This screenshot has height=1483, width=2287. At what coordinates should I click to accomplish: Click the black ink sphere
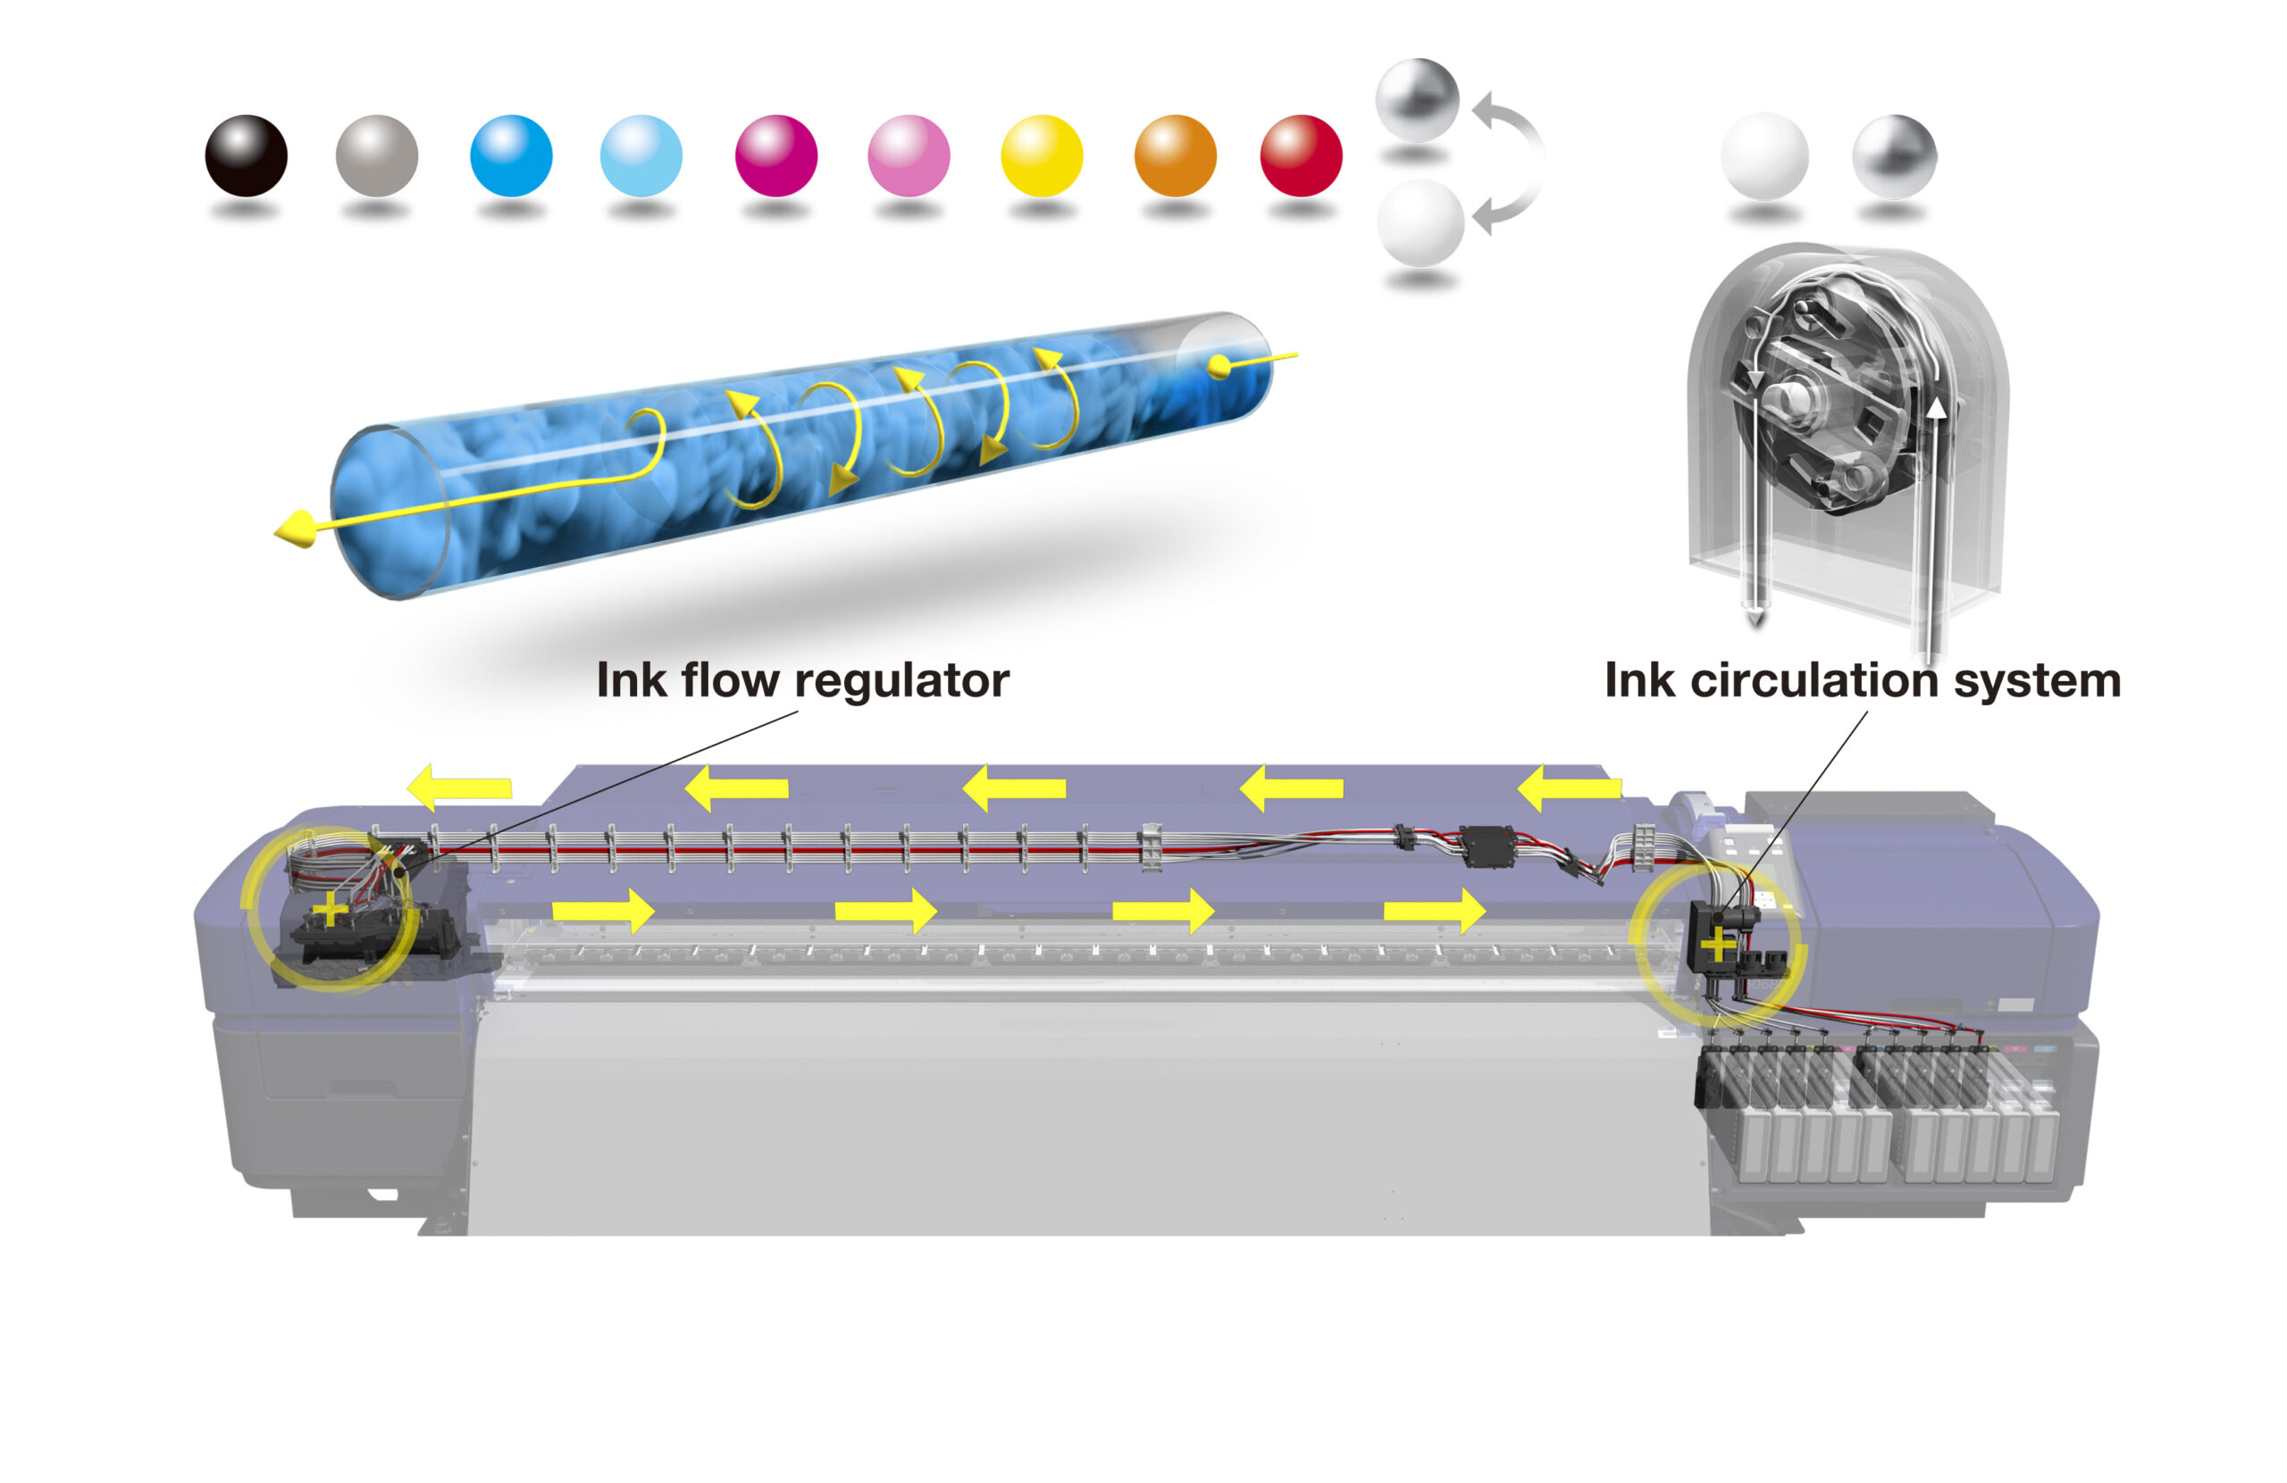point(246,155)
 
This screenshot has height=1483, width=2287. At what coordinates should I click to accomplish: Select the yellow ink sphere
point(1042,155)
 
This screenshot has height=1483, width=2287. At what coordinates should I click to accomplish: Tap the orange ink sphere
point(1175,155)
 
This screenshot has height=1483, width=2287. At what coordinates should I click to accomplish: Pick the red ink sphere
point(1301,155)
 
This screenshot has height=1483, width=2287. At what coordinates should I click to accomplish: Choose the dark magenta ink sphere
point(776,155)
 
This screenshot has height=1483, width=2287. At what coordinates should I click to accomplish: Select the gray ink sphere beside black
point(377,155)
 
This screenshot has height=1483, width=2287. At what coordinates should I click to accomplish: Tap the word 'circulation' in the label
point(1814,680)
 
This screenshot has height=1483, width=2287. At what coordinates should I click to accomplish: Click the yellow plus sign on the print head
point(330,909)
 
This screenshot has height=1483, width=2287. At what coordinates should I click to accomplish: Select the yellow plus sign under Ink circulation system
point(1718,946)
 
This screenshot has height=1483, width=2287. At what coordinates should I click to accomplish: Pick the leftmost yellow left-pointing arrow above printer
point(458,787)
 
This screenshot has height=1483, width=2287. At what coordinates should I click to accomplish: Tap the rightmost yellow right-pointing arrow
point(1435,910)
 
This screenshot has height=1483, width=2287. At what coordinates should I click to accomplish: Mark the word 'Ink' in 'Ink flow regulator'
point(632,680)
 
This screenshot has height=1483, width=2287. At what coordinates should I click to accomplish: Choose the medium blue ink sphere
point(511,155)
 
